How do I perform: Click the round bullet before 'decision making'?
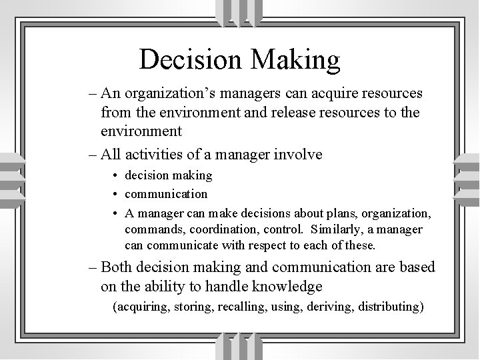click(116, 176)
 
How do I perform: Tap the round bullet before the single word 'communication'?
click(116, 195)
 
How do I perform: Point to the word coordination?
click(216, 229)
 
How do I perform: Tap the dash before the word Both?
click(92, 268)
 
